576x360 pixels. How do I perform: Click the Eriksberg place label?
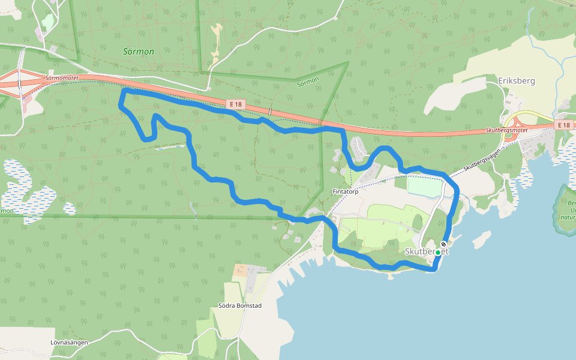coord(516,80)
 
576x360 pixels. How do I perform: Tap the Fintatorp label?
coord(345,192)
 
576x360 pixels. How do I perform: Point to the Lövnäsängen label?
coord(70,343)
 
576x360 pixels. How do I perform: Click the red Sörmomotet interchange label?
coord(61,79)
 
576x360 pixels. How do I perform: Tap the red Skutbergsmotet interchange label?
coord(511,130)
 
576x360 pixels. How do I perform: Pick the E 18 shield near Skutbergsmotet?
coord(562,125)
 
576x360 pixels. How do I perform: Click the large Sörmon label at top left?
coord(139,52)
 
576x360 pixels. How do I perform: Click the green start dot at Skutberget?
coord(438,253)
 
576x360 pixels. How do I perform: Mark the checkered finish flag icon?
coord(443,244)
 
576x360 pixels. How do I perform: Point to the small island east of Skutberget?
coord(480,239)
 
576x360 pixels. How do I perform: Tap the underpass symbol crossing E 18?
coord(270,112)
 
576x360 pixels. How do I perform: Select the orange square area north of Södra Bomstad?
coord(240,271)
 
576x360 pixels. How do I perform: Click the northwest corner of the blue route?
coord(124,91)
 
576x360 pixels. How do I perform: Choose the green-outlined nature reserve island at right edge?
coord(566,207)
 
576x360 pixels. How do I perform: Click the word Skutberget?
coord(427,251)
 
